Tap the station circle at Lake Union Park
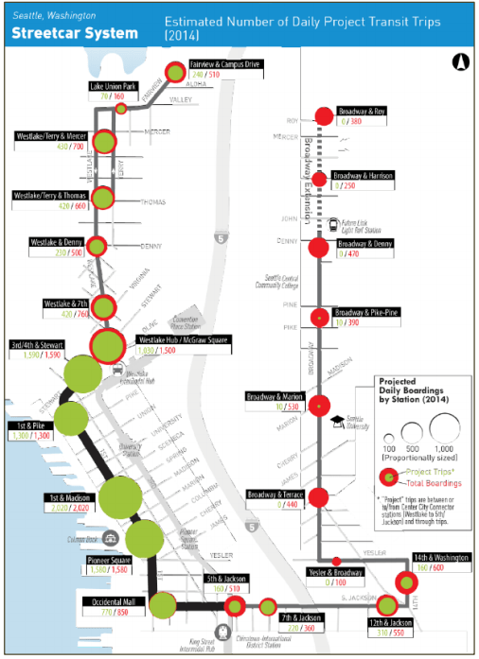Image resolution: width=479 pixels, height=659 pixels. (x=121, y=109)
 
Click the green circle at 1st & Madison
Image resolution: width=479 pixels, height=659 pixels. (x=120, y=497)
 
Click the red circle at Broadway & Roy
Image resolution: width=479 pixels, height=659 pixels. (x=322, y=116)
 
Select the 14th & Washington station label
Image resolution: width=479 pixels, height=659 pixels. (x=441, y=560)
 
